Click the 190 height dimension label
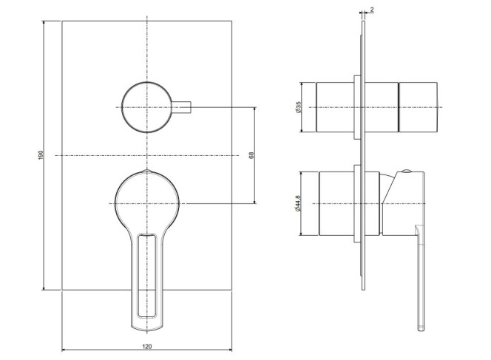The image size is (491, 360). pyautogui.click(x=41, y=155)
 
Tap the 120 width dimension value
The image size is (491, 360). pyautogui.click(x=147, y=346)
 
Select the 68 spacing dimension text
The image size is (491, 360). pyautogui.click(x=251, y=155)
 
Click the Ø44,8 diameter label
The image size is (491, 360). pyautogui.click(x=297, y=203)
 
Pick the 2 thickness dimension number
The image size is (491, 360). pyautogui.click(x=372, y=10)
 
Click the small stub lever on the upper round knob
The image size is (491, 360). pyautogui.click(x=181, y=107)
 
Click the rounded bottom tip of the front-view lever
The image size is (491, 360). pyautogui.click(x=147, y=329)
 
